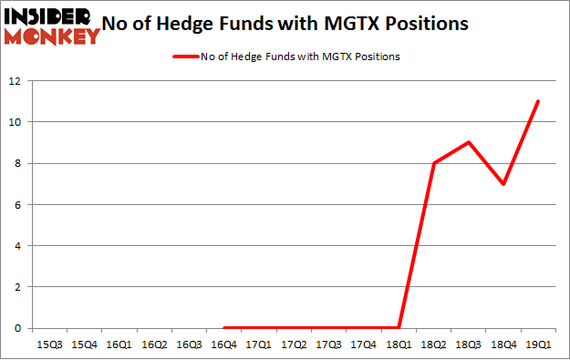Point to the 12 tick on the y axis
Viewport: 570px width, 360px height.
(x=16, y=81)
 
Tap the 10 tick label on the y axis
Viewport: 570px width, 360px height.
(x=16, y=122)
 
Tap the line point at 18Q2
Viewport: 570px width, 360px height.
(x=434, y=163)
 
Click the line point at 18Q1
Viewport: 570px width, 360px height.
(x=399, y=328)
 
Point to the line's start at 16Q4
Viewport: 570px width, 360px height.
(x=224, y=328)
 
